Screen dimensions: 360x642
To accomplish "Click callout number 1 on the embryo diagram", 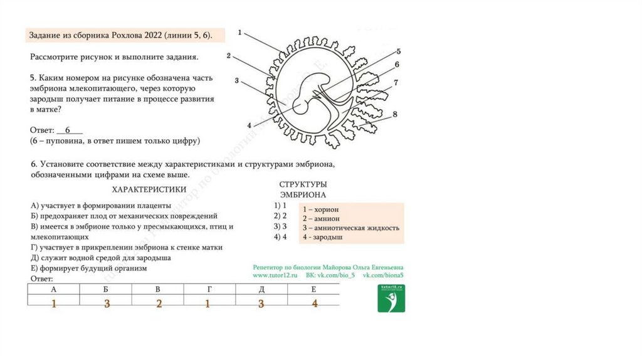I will click(241, 32).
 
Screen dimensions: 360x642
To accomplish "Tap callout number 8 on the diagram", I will click(395, 114).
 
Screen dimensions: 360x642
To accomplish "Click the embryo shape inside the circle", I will click(313, 94).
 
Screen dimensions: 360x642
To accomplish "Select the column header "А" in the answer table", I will click(53, 290).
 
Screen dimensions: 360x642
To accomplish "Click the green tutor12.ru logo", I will click(391, 299).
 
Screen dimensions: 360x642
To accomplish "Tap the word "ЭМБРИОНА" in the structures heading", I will click(303, 195).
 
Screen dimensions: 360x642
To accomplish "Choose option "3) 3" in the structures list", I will click(280, 226).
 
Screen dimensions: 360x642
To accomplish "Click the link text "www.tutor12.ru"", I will click(275, 275).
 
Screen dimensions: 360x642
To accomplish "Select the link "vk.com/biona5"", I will click(383, 275).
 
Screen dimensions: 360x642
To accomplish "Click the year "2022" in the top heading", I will click(152, 35).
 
